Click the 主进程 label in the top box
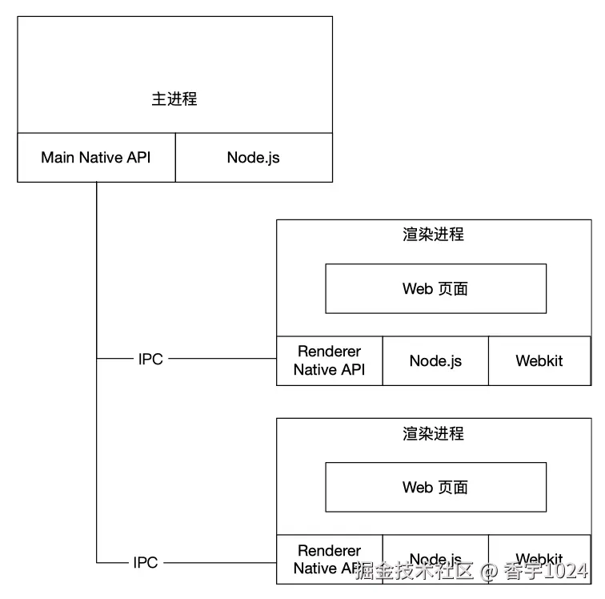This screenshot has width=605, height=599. [174, 99]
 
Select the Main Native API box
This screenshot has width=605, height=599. [96, 157]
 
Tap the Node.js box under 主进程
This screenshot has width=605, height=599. [253, 157]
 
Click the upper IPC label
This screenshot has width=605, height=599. [150, 360]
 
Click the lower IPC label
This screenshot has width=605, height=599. [146, 563]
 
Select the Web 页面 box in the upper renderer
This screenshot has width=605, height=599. [435, 288]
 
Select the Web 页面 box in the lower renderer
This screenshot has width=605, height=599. [435, 487]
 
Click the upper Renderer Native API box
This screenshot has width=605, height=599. [329, 360]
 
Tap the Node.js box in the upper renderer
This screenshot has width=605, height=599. [435, 360]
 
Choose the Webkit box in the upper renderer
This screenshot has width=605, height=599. [539, 360]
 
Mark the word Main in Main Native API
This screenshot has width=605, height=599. [58, 157]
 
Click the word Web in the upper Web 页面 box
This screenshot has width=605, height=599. [417, 288]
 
